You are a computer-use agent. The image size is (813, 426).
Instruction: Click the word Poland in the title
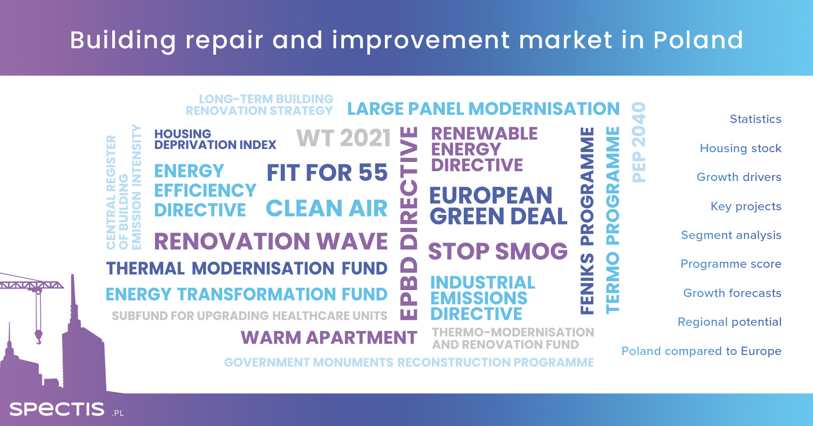click(698, 40)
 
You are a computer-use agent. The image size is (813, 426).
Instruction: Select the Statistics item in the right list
click(755, 119)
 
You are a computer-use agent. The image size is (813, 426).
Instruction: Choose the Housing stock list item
click(741, 148)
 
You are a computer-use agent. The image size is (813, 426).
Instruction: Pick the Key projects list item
click(746, 207)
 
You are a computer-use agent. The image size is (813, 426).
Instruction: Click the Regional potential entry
click(730, 322)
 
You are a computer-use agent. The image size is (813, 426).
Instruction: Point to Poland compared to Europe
click(701, 351)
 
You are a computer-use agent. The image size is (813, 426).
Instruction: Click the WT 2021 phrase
click(344, 138)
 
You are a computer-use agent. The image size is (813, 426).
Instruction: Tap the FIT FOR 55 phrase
click(327, 173)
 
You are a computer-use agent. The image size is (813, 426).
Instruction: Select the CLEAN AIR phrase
click(326, 208)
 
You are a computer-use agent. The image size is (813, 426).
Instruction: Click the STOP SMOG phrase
click(498, 251)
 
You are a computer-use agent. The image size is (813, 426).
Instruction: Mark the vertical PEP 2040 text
click(639, 142)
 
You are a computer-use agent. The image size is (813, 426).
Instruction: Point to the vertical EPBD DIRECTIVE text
click(409, 223)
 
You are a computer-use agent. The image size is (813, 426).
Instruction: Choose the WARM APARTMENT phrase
click(329, 337)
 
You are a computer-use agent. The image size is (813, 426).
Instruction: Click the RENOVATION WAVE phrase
click(271, 241)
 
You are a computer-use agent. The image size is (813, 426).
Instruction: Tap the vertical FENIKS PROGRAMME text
click(587, 221)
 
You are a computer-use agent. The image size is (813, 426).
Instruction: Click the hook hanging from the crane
click(38, 336)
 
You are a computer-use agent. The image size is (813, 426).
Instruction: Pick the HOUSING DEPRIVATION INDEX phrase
click(215, 139)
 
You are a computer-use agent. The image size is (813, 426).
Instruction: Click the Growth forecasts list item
click(732, 293)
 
